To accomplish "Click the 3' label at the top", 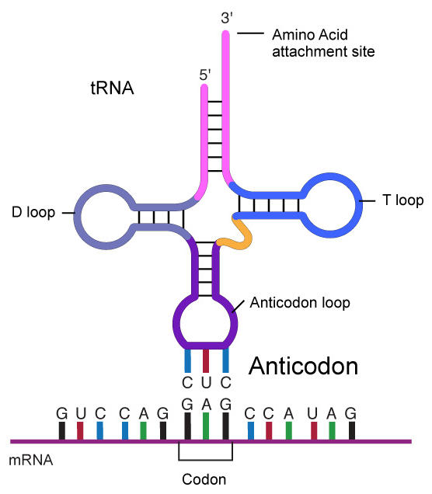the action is [x=227, y=18].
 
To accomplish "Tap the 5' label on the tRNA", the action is [x=205, y=75].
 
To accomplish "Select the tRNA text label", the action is [x=112, y=88].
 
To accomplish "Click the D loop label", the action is [x=33, y=212].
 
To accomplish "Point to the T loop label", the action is [x=403, y=200].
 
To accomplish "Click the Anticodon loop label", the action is [x=300, y=302].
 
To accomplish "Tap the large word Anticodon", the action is [x=304, y=366].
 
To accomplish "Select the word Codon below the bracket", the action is [x=204, y=479].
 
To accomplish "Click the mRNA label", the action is [x=31, y=461].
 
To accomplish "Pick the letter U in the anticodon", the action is [x=206, y=383].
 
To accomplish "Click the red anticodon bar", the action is [x=206, y=360].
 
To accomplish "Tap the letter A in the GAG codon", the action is [x=207, y=404].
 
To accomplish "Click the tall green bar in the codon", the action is [x=206, y=426].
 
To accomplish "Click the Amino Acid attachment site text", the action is [x=323, y=43].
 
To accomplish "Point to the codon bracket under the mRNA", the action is [x=205, y=460].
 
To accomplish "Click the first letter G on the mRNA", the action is [x=62, y=413].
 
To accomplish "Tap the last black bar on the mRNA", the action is [x=352, y=430].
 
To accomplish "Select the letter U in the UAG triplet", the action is [x=312, y=413].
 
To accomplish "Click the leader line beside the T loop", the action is [x=368, y=200].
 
